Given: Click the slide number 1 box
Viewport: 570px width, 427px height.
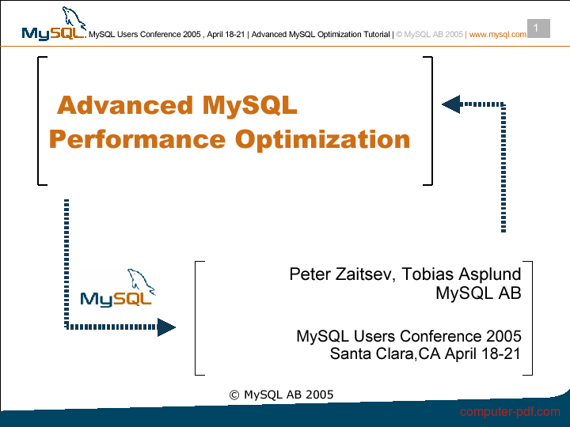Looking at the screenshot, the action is (538, 28).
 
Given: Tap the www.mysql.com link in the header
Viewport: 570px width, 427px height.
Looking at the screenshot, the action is (498, 35).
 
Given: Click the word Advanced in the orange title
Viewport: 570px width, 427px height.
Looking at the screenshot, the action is (125, 105).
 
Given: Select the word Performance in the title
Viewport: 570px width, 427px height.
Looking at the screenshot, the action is (138, 140).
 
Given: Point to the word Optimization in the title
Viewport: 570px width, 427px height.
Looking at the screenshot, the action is (322, 140).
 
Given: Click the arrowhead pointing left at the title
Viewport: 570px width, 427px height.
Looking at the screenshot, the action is (451, 104).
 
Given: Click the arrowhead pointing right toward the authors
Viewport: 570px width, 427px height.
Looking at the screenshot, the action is (166, 327).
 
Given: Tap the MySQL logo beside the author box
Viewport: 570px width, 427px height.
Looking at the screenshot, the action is (118, 288).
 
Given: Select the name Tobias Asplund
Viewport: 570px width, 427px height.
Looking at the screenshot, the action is (462, 274).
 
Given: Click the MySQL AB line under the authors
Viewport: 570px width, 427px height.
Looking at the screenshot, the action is (478, 293).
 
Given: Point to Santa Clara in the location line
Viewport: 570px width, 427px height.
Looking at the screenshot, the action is (372, 353).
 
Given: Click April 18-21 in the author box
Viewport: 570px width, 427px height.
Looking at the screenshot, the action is (483, 353).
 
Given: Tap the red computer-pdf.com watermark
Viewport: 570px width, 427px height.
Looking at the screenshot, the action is (510, 412).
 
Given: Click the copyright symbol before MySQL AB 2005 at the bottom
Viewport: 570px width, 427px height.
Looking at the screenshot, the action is (234, 395).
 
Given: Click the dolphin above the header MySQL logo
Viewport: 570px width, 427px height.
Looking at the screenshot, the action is (74, 17).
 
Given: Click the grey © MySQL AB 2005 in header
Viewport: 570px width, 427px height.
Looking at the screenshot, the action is (429, 35).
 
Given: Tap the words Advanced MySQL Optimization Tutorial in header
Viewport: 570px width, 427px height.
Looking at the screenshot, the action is (321, 35).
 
